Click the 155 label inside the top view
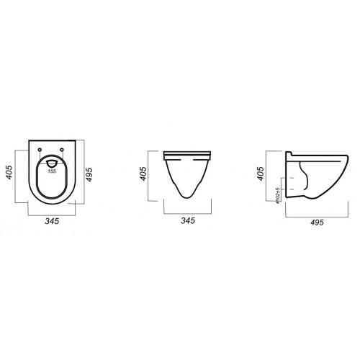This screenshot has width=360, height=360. point(52,171)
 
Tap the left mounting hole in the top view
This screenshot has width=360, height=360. point(40,150)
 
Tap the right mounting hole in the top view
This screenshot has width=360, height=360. point(62,150)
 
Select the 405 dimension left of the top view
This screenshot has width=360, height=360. point(9,172)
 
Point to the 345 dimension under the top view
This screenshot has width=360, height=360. point(52,221)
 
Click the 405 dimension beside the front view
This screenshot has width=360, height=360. point(143,174)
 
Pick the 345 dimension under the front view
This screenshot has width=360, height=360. point(188,220)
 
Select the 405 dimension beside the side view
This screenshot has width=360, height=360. point(260,174)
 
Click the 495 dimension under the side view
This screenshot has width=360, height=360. point(317,222)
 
